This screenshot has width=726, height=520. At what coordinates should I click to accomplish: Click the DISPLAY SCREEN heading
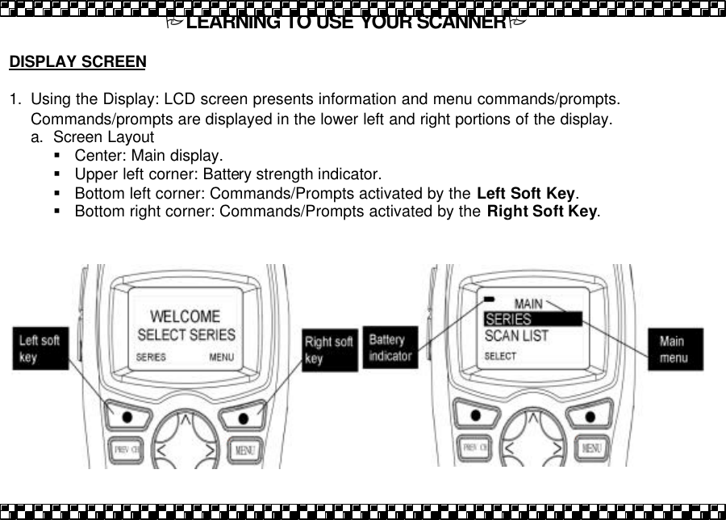[x=77, y=61]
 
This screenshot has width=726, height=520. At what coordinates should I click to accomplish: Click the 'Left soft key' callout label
[x=40, y=348]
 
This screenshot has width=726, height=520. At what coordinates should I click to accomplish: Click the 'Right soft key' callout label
[x=328, y=350]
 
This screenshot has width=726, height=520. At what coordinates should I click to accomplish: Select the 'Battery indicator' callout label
[x=390, y=347]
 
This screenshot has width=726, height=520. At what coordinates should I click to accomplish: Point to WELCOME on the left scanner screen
[x=186, y=316]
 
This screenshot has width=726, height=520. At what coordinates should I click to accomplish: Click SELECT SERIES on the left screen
[x=186, y=333]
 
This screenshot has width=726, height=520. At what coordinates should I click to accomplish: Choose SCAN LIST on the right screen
[x=516, y=335]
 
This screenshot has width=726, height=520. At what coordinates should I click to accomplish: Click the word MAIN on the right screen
[x=528, y=304]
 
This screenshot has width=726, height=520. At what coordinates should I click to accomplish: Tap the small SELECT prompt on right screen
[x=500, y=355]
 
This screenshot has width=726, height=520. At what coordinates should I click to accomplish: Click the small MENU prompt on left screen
[x=222, y=356]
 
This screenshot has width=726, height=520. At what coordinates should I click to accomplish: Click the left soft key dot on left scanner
[x=127, y=416]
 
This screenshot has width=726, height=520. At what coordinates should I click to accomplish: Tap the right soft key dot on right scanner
[x=590, y=416]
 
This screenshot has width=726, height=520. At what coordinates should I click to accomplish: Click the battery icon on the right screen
[x=489, y=299]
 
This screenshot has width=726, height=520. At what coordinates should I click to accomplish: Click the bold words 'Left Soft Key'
[x=526, y=194]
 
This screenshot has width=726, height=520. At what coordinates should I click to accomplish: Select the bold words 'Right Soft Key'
[x=542, y=212]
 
